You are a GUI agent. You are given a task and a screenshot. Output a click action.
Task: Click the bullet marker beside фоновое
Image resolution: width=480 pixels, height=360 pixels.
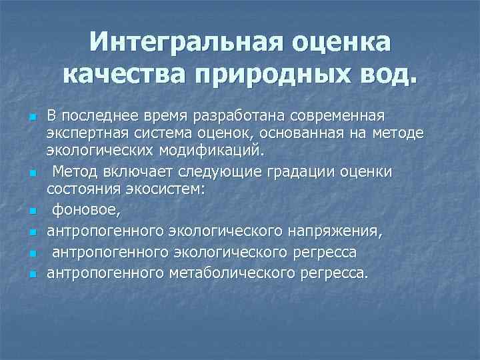(x=31, y=213)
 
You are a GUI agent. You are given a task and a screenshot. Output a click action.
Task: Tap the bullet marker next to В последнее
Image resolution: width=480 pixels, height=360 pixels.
(x=31, y=118)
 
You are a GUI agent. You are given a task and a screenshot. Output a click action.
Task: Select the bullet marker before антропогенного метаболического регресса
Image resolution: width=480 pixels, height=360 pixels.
(x=31, y=274)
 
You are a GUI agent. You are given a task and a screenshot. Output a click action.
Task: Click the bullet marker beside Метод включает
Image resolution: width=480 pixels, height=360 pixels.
(x=31, y=174)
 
